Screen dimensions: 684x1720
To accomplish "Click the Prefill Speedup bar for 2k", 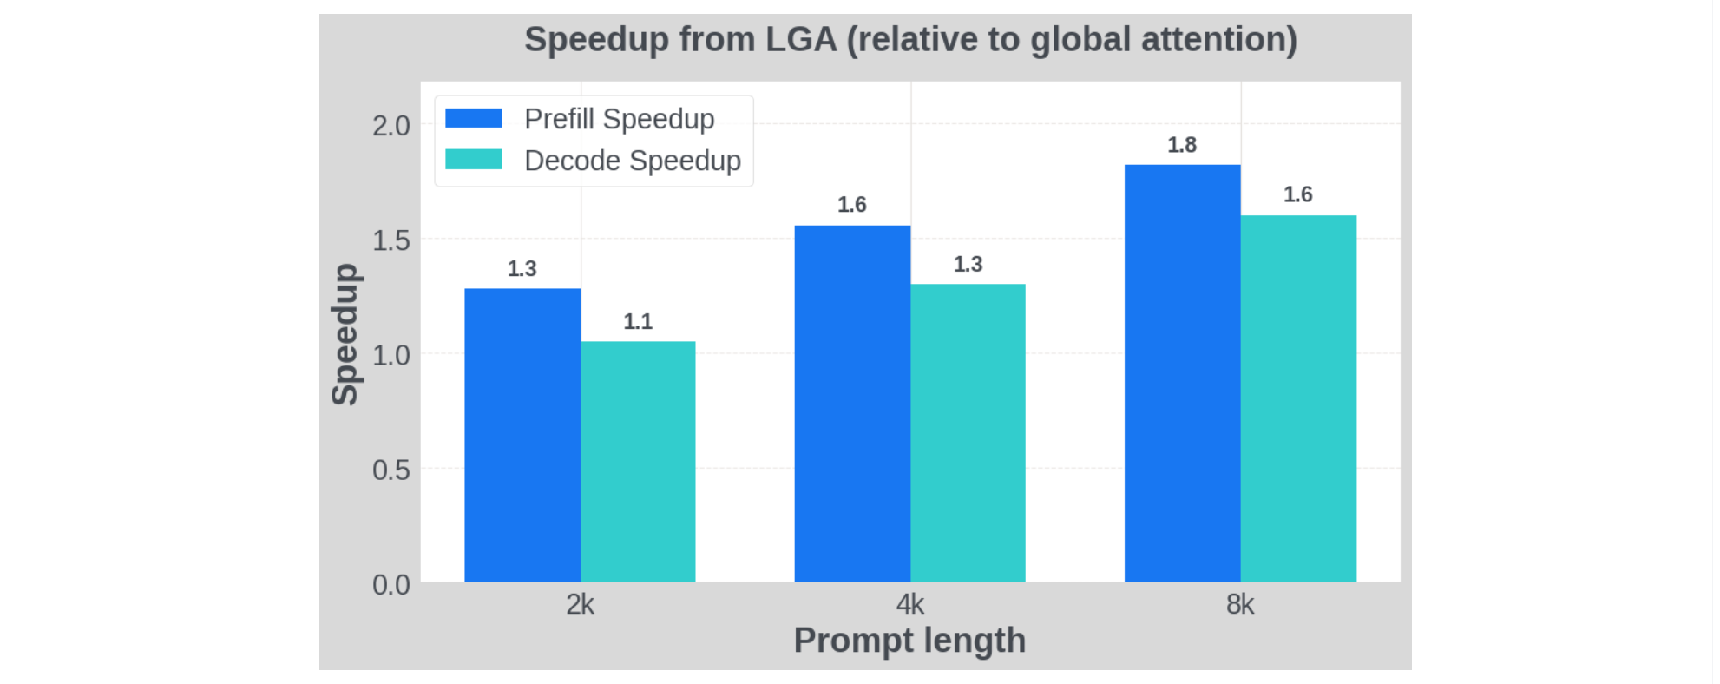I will (522, 435).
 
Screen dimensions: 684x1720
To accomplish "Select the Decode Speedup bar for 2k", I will (638, 461).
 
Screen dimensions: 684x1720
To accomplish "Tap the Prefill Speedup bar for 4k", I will (852, 404).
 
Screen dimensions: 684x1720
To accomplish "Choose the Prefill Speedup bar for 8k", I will (1182, 373).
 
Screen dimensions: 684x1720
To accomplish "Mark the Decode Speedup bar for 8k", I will (1298, 398).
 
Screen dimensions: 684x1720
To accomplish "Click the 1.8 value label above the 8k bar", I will (1182, 145).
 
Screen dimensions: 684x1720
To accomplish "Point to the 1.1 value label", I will (638, 322).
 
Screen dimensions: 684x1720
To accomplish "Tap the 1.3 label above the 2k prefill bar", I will (522, 269).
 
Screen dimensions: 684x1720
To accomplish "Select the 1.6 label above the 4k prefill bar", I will (852, 205).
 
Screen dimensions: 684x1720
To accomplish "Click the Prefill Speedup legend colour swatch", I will (473, 118).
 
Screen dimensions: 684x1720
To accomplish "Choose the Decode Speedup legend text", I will (633, 161).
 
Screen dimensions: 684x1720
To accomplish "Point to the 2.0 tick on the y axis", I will (391, 126).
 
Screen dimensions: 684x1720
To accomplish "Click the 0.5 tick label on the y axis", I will (391, 470).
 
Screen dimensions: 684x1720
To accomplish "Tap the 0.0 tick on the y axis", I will (391, 585).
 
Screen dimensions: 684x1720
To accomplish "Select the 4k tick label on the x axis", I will (910, 604).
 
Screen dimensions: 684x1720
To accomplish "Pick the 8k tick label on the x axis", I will (1240, 604).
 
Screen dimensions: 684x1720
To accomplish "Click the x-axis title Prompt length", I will (909, 641).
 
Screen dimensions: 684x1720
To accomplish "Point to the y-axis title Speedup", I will (345, 334).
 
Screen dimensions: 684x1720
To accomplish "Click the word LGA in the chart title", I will (800, 40).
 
